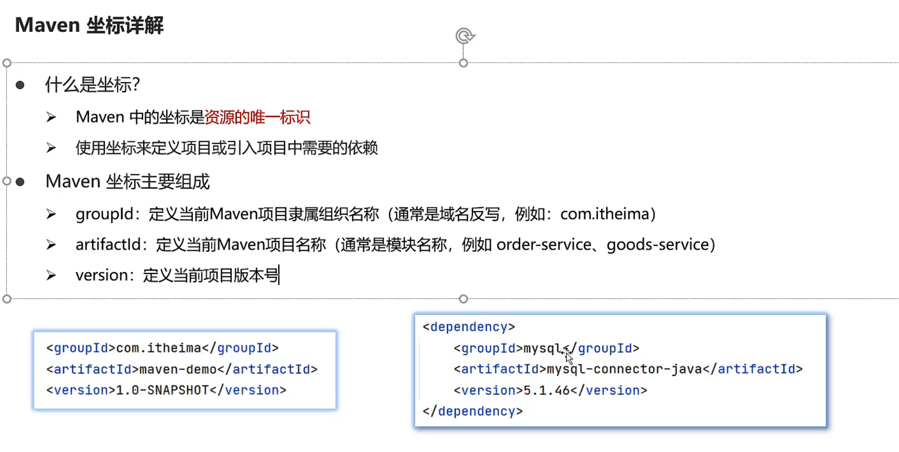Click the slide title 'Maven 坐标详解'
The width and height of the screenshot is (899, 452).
coord(89,25)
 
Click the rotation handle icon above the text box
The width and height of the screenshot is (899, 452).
coord(464,36)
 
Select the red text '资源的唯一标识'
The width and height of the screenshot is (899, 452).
coord(257,117)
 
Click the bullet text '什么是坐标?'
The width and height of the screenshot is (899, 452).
coord(93,85)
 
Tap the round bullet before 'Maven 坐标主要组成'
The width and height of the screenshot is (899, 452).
coord(20,182)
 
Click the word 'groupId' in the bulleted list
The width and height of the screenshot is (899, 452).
coord(104,214)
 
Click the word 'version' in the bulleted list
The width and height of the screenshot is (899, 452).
coord(101,276)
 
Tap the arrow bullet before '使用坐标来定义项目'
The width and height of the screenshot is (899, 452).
coord(51,148)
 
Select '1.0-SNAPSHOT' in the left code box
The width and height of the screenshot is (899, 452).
coord(162,390)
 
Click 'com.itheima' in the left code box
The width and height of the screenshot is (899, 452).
coord(159,348)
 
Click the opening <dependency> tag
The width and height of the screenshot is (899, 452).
coord(469,327)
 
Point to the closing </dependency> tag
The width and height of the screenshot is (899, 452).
coord(472,411)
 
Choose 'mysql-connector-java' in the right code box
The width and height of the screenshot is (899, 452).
coord(624,369)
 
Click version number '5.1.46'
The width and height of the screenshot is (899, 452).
coord(546,390)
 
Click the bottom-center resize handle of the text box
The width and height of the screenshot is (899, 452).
coord(463,299)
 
